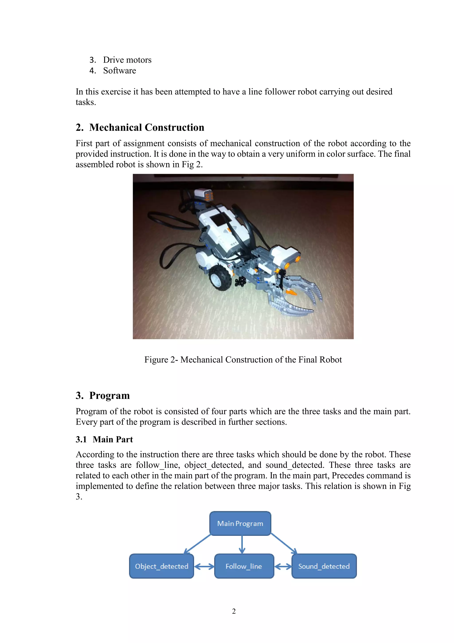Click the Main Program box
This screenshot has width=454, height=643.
pyautogui.click(x=240, y=523)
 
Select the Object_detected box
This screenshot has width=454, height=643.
pyautogui.click(x=161, y=566)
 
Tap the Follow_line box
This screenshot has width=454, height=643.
pyautogui.click(x=244, y=566)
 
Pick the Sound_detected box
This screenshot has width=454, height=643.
pyautogui.click(x=324, y=566)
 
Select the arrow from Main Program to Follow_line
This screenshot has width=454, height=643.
pyautogui.click(x=242, y=544)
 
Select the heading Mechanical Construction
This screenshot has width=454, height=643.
pyautogui.click(x=147, y=127)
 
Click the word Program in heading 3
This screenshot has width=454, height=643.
pyautogui.click(x=109, y=396)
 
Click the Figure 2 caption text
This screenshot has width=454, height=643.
pyautogui.click(x=243, y=360)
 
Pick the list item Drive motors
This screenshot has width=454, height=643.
pyautogui.click(x=127, y=60)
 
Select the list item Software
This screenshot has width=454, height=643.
pyautogui.click(x=119, y=71)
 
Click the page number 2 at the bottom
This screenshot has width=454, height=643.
pyautogui.click(x=234, y=611)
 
